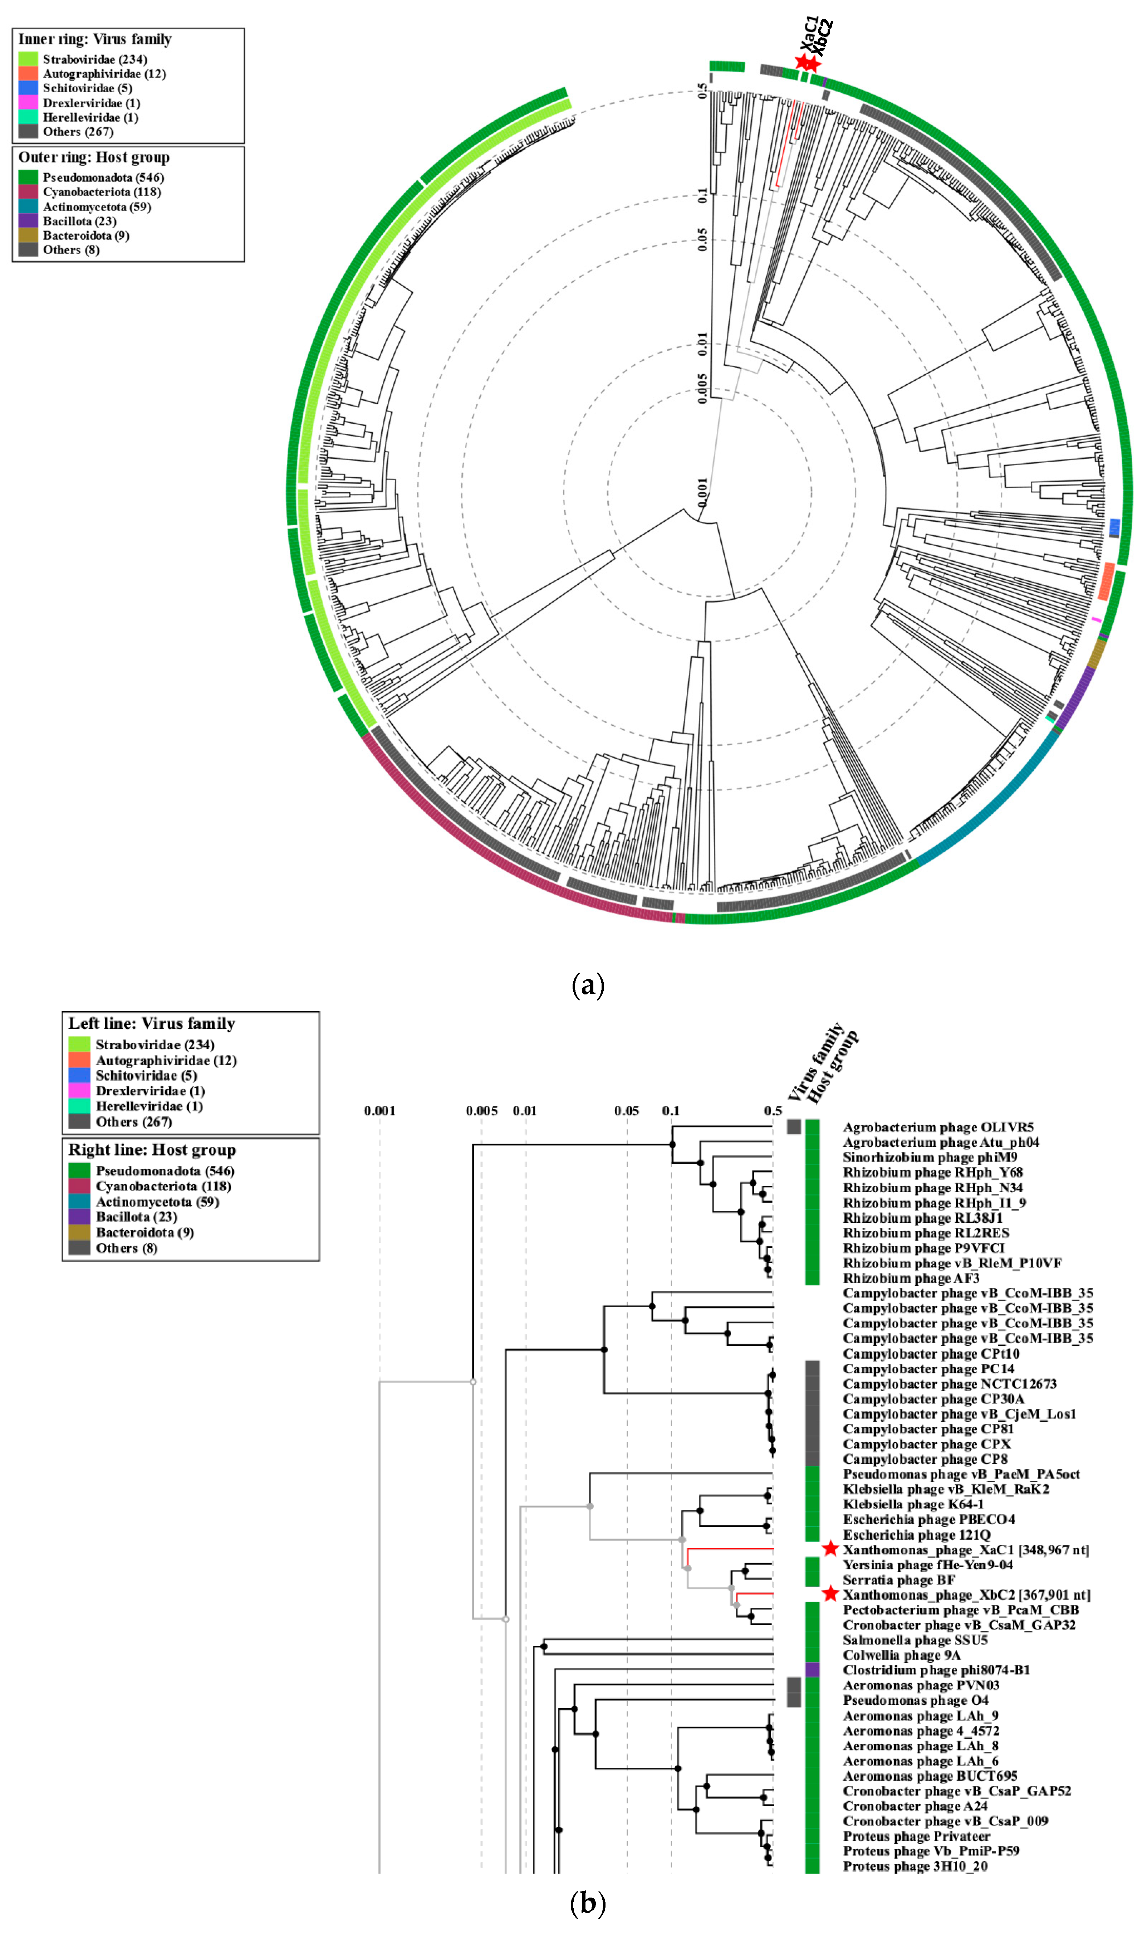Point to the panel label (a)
coord(587,985)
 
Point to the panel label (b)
coord(587,1902)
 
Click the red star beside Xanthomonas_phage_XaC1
coord(830,1549)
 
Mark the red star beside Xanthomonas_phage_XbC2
coord(830,1593)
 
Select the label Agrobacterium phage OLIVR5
coord(937,1127)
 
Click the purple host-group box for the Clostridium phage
coord(812,1669)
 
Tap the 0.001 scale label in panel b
coord(379,1111)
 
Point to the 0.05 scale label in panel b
coord(627,1111)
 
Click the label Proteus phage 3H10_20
coord(915,1866)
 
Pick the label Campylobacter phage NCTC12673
coord(949,1384)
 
